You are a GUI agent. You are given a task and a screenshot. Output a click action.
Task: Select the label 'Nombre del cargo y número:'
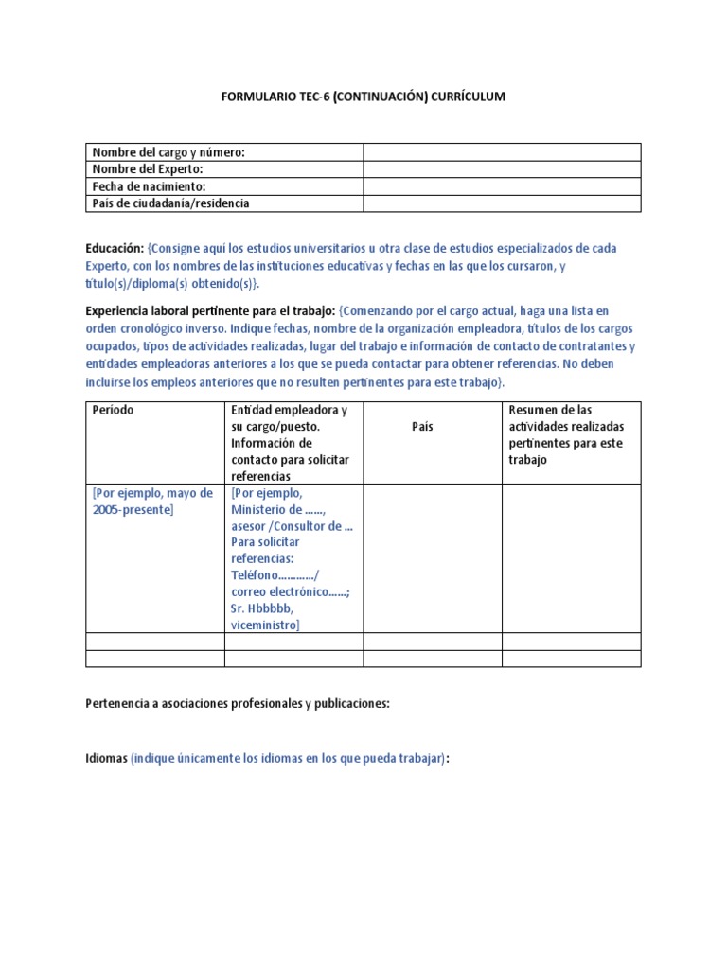pos(168,152)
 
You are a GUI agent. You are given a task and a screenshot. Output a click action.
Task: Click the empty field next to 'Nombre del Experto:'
pos(502,169)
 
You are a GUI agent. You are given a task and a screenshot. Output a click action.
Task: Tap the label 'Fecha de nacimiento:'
pos(149,186)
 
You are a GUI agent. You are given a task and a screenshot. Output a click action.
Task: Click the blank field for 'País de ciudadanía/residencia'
pos(502,203)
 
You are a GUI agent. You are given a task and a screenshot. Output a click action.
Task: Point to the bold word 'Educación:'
pos(115,248)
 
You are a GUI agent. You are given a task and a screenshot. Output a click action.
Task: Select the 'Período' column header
pos(113,410)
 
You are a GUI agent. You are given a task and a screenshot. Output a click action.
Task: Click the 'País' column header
pos(422,427)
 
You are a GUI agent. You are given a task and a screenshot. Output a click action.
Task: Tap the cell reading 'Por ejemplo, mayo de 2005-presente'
pos(152,501)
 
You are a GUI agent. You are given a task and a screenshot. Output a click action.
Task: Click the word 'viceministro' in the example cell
pos(264,625)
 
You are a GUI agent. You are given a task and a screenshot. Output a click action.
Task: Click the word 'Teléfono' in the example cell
pos(254,574)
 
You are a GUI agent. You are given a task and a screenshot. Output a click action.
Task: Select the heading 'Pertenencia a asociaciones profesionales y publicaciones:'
pos(238,704)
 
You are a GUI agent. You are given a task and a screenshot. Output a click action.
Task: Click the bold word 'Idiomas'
pos(106,759)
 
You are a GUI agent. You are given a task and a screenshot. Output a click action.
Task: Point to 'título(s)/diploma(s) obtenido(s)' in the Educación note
pos(170,284)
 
